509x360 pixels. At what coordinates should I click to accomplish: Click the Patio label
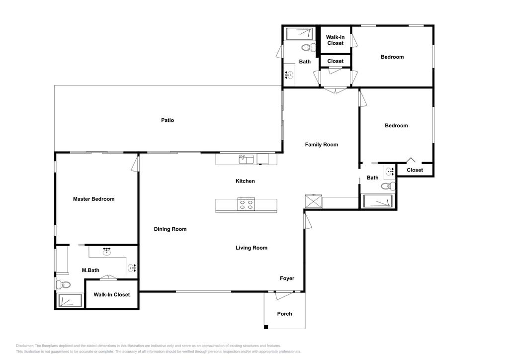click(168, 120)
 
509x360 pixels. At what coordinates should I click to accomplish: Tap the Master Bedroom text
click(93, 199)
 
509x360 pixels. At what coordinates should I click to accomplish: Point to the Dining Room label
click(170, 229)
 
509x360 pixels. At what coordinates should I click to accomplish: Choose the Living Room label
click(251, 248)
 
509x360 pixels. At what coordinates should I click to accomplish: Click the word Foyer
click(287, 278)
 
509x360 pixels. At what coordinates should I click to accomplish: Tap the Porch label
click(284, 314)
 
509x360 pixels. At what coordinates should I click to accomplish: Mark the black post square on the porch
click(266, 327)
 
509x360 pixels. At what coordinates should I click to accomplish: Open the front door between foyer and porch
click(284, 295)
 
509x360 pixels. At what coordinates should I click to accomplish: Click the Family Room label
click(321, 145)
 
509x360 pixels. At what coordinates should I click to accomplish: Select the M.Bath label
click(90, 270)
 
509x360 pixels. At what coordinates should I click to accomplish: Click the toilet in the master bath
click(64, 285)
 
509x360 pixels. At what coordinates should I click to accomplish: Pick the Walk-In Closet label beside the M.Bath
click(112, 295)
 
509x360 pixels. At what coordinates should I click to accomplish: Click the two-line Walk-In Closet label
click(335, 40)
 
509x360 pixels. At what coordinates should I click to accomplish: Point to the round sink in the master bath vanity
click(106, 252)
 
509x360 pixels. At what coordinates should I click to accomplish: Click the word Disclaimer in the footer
click(25, 346)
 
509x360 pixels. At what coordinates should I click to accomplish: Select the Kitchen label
click(245, 181)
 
